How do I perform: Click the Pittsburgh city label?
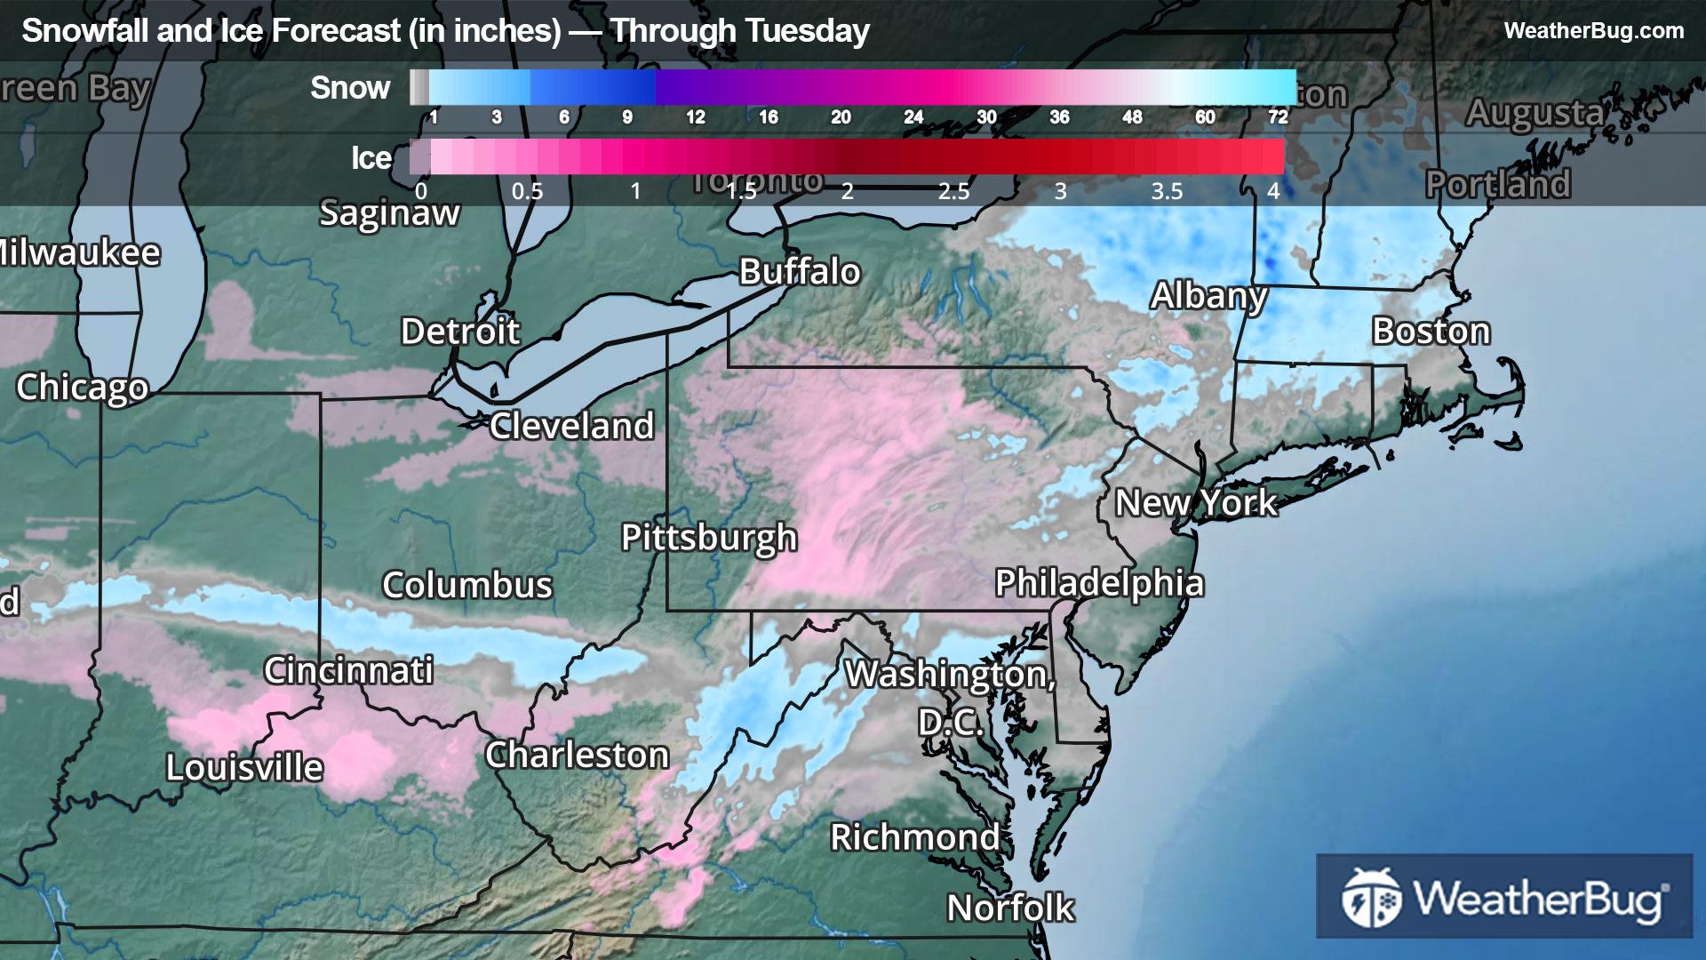[709, 538]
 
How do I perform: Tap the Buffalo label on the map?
[800, 272]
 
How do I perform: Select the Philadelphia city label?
[1099, 583]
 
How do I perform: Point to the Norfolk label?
[1010, 908]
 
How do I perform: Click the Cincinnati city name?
[348, 670]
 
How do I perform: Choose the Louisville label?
[244, 768]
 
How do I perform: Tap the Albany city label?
[1208, 296]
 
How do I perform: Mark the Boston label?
[1431, 332]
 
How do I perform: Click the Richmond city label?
[915, 837]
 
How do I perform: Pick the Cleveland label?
[571, 427]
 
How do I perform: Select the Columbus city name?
[467, 585]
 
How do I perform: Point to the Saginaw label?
[389, 213]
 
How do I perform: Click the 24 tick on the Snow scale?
[913, 117]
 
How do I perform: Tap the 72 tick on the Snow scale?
[1278, 117]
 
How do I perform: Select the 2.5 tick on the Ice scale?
[953, 191]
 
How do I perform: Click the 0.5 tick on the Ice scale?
[527, 191]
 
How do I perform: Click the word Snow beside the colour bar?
[350, 88]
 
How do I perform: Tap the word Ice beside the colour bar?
[371, 158]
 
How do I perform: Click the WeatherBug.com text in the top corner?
[1593, 31]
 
